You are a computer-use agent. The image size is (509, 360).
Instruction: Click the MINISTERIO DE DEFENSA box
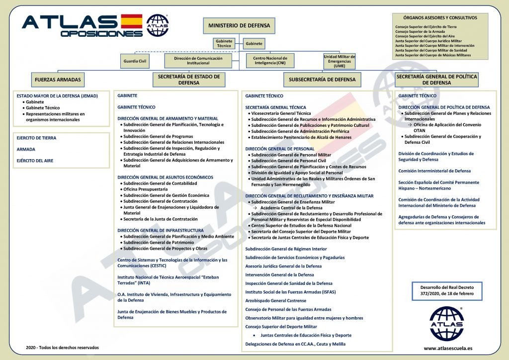click(x=239, y=25)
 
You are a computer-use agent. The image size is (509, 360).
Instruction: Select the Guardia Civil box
click(x=136, y=61)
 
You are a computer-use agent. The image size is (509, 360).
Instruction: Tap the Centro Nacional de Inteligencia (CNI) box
click(x=270, y=61)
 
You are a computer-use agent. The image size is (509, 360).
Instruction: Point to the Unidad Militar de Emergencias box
click(x=339, y=61)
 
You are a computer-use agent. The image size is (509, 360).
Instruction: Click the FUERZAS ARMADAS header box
click(x=58, y=79)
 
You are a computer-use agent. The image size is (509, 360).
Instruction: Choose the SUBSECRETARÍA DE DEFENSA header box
click(x=322, y=79)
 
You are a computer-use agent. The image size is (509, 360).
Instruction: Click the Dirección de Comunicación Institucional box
click(x=199, y=61)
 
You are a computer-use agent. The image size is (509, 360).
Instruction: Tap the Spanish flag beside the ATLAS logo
click(x=131, y=21)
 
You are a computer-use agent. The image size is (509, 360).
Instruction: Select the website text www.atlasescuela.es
click(x=448, y=348)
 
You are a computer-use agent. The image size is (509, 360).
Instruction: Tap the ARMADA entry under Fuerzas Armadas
click(x=26, y=149)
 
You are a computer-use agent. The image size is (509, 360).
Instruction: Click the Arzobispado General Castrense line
click(x=276, y=300)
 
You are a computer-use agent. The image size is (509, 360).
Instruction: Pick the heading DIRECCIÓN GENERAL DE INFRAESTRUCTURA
click(x=161, y=230)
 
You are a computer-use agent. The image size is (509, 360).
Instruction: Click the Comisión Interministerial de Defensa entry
click(x=434, y=171)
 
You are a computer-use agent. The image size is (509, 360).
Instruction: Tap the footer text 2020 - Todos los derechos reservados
click(x=63, y=347)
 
